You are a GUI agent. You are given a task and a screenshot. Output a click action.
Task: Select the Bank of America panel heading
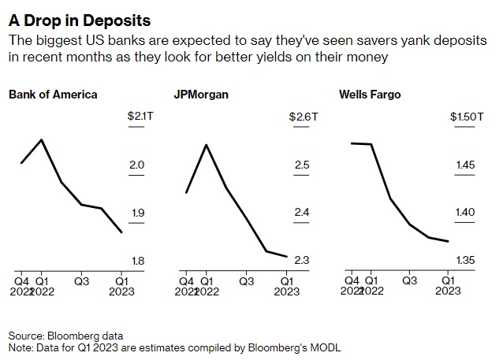pyautogui.click(x=53, y=95)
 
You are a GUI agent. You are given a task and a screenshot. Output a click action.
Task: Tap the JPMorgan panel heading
pyautogui.click(x=200, y=95)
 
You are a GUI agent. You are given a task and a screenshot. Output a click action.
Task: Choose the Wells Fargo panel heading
pyautogui.click(x=370, y=95)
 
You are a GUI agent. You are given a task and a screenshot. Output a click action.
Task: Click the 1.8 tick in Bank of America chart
pyautogui.click(x=136, y=261)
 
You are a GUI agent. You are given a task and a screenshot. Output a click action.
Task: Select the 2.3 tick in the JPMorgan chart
pyautogui.click(x=301, y=261)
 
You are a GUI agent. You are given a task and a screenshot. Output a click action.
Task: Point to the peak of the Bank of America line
pyautogui.click(x=41, y=139)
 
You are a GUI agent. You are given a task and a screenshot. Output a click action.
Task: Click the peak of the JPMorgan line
pyautogui.click(x=206, y=145)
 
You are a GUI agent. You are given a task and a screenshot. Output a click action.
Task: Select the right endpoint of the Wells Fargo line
pyautogui.click(x=448, y=242)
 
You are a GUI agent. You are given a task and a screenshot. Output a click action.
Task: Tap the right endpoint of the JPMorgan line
pyautogui.click(x=285, y=255)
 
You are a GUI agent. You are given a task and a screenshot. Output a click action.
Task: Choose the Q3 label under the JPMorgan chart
pyautogui.click(x=246, y=280)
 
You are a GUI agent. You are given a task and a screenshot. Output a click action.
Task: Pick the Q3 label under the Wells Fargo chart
pyautogui.click(x=409, y=280)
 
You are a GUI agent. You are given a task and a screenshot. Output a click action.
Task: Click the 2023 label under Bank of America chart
pyautogui.click(x=122, y=291)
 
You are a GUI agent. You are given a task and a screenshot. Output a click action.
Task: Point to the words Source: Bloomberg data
pyautogui.click(x=66, y=336)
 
